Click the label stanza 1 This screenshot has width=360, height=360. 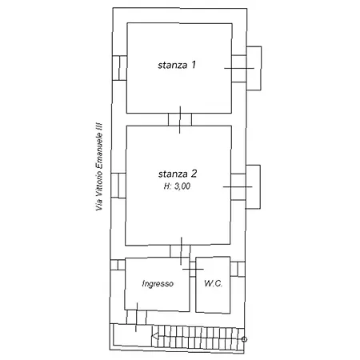click(x=177, y=65)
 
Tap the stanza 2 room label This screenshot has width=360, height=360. click(x=178, y=174)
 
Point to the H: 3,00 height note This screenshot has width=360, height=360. click(x=177, y=186)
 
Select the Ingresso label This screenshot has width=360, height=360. click(x=158, y=283)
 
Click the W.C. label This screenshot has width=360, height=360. click(x=213, y=283)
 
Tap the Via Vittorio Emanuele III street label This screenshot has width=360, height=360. click(x=99, y=166)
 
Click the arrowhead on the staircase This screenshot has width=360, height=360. click(x=155, y=337)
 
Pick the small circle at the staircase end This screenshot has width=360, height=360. click(x=244, y=339)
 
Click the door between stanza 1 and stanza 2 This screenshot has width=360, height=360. click(x=180, y=119)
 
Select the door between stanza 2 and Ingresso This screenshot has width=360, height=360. click(x=181, y=251)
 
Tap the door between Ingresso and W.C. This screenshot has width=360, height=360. click(x=193, y=269)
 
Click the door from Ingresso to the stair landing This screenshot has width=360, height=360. click(x=137, y=317)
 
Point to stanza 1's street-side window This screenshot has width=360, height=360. click(x=119, y=68)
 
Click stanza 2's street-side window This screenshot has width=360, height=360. click(x=118, y=186)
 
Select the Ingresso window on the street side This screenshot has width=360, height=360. click(x=118, y=265)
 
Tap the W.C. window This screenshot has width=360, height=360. click(x=238, y=269)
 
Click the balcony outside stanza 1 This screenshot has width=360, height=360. click(x=254, y=68)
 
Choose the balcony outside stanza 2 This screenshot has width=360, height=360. click(x=253, y=186)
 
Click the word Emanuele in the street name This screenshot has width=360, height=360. click(x=99, y=151)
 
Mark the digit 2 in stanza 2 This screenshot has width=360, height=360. click(x=194, y=174)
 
